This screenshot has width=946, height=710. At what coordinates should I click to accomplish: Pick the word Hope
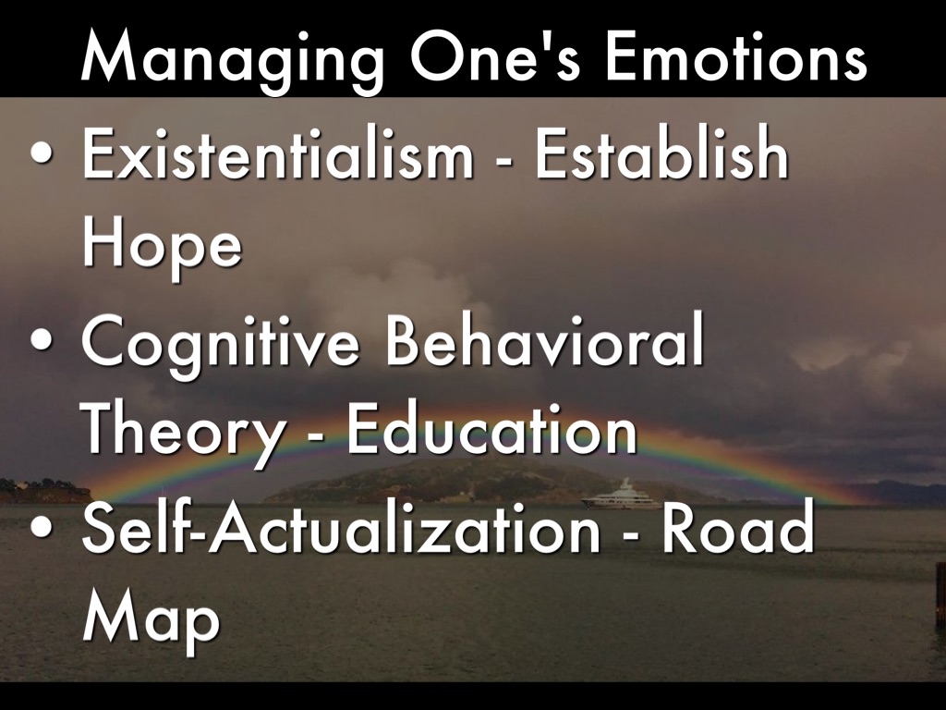[x=162, y=245]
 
